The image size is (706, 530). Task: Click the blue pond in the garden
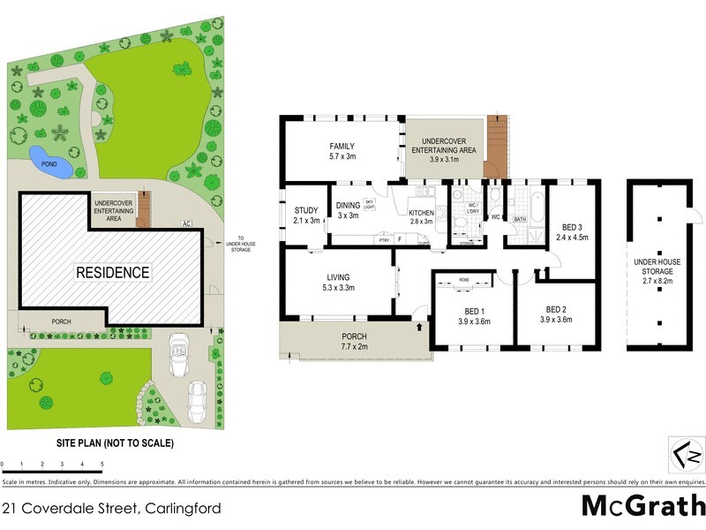[x=44, y=158]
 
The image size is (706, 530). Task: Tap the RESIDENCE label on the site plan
[x=111, y=272]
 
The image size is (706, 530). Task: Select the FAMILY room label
[x=342, y=150]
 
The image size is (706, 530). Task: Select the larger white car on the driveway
[x=179, y=349]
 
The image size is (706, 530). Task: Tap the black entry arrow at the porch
[x=420, y=326]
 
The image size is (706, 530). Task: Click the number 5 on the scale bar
[x=102, y=464]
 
